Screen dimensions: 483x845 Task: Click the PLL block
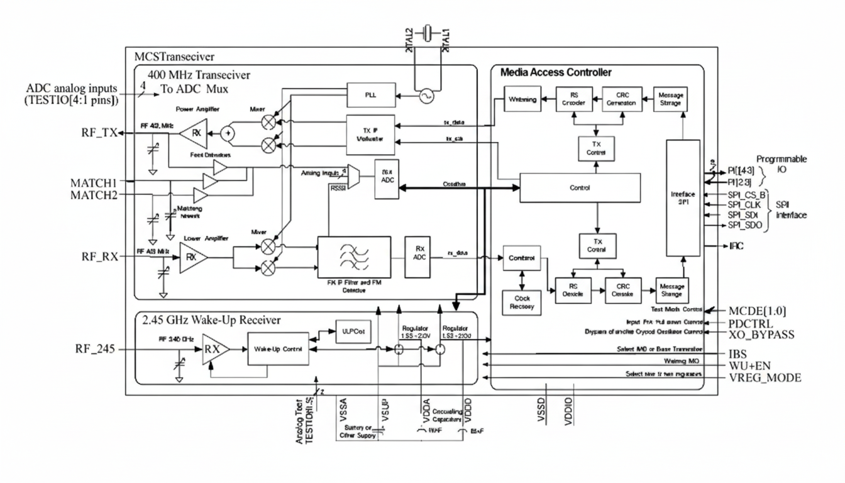[370, 96]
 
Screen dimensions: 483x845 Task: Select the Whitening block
[522, 99]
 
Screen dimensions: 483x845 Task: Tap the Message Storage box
[670, 98]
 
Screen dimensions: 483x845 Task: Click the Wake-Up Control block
[279, 350]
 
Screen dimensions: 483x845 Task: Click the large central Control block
[579, 187]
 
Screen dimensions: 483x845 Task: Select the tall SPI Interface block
[683, 198]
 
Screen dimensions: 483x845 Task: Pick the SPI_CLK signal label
[743, 204]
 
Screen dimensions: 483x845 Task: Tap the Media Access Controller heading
[556, 72]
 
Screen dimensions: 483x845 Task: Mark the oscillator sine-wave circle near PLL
[426, 96]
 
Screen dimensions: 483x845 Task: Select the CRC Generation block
[621, 98]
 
